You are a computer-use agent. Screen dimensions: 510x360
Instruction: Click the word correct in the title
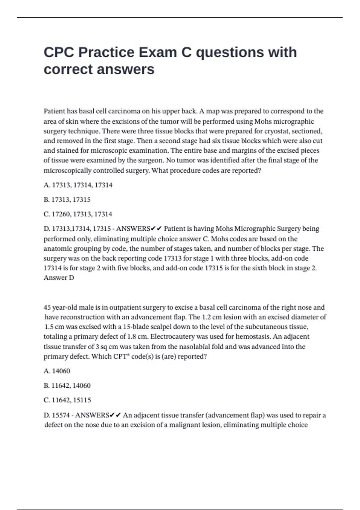68,70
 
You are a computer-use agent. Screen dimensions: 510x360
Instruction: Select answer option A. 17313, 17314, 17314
78,185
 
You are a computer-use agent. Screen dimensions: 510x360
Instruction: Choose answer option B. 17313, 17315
67,200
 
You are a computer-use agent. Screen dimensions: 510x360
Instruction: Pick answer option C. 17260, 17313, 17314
78,214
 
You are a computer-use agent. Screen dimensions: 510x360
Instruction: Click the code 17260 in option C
61,214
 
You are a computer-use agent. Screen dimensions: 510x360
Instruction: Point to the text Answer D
59,278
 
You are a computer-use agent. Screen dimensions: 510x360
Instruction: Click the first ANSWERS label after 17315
133,229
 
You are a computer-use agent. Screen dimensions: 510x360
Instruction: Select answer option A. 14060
57,371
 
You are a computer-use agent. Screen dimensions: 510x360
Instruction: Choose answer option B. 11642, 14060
67,385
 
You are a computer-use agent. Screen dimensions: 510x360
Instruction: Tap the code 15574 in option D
61,415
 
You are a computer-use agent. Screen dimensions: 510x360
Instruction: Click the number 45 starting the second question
47,307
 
